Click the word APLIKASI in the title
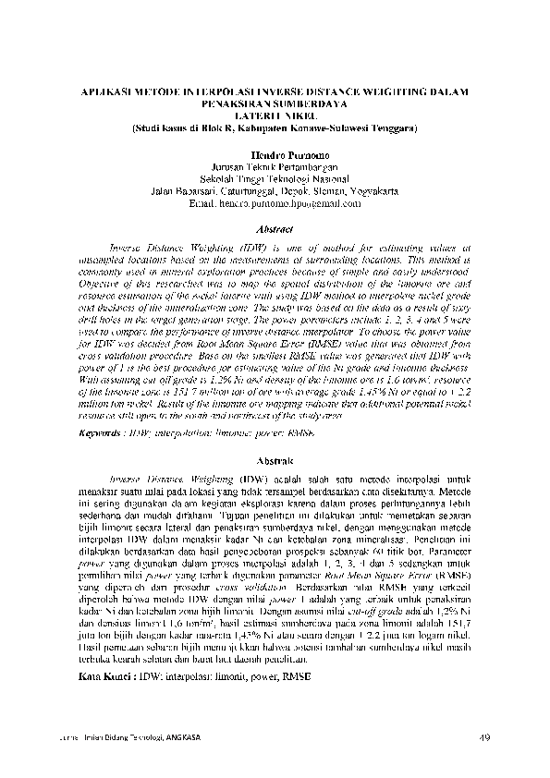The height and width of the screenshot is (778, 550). (x=106, y=91)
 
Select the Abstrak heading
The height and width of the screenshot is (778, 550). (x=275, y=460)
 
